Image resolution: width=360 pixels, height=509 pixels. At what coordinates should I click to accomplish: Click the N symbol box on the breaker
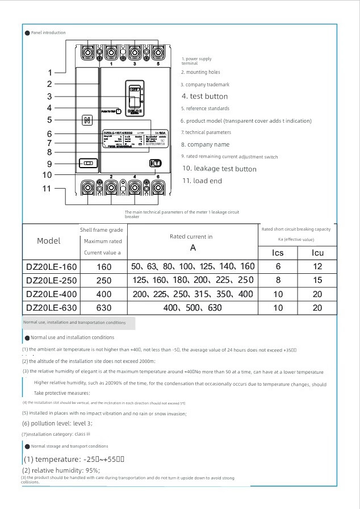pyautogui.click(x=87, y=120)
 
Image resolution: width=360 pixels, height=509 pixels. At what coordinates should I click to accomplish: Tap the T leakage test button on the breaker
pyautogui.click(x=156, y=163)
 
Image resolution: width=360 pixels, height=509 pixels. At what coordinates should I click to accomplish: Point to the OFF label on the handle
pyautogui.click(x=135, y=89)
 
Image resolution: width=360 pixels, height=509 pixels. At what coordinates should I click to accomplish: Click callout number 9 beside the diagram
pyautogui.click(x=49, y=164)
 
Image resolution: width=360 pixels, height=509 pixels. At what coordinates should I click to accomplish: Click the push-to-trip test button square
pyautogui.click(x=118, y=111)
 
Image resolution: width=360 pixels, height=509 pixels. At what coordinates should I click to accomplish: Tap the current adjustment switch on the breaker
pyautogui.click(x=87, y=163)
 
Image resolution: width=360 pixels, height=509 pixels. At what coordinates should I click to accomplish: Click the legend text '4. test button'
pyautogui.click(x=204, y=97)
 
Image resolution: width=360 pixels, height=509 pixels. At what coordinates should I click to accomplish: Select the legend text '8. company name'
pyautogui.click(x=205, y=145)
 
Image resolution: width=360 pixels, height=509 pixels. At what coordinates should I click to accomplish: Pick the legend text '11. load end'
pyautogui.click(x=202, y=181)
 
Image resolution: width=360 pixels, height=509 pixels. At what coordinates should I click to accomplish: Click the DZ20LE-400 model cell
pyautogui.click(x=51, y=294)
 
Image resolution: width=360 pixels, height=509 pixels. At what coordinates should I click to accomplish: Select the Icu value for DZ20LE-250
pyautogui.click(x=317, y=280)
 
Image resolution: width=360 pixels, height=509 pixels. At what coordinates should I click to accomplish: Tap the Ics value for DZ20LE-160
pyautogui.click(x=278, y=266)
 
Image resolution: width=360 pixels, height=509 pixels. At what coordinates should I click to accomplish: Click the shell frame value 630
pyautogui.click(x=104, y=308)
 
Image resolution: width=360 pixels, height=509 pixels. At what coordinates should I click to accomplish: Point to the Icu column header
pyautogui.click(x=317, y=253)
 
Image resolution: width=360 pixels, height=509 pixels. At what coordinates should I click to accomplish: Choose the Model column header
pyautogui.click(x=48, y=241)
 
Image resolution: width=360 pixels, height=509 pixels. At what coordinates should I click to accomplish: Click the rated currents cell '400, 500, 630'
pyautogui.click(x=192, y=308)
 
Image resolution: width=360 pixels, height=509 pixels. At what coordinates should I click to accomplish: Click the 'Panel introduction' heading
pyautogui.click(x=48, y=33)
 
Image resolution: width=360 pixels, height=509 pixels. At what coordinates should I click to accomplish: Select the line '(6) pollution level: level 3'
pyautogui.click(x=57, y=423)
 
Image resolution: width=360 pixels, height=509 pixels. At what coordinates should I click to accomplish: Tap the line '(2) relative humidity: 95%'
pyautogui.click(x=61, y=470)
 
